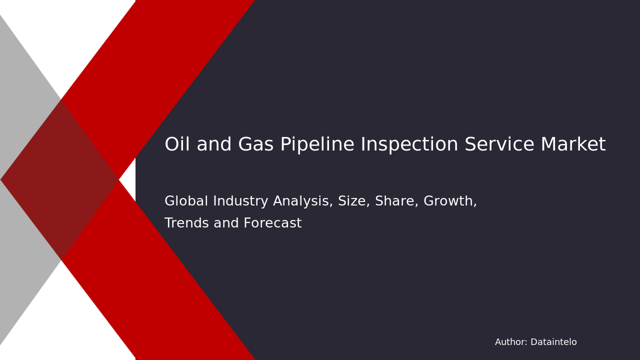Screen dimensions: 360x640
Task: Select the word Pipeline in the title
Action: click(x=317, y=145)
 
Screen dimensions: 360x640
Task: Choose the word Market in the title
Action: click(x=573, y=145)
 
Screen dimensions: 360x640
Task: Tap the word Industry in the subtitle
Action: click(x=234, y=201)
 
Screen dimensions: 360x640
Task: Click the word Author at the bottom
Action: click(x=510, y=342)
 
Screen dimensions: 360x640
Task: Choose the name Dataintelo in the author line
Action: click(x=553, y=342)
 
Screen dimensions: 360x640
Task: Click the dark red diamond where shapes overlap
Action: click(x=60, y=179)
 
